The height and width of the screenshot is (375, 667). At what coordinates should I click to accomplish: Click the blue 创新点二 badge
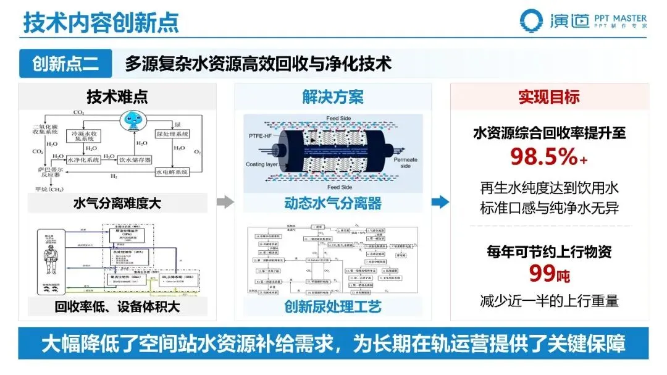click(x=65, y=64)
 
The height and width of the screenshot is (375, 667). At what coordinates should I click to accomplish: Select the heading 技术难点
click(x=117, y=97)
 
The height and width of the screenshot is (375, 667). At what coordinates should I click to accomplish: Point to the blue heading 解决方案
click(x=332, y=97)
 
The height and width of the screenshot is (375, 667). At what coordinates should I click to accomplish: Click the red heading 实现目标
click(x=548, y=97)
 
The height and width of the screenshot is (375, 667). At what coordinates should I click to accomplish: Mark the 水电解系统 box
click(x=171, y=172)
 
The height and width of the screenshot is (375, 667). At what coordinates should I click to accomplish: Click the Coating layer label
click(x=262, y=164)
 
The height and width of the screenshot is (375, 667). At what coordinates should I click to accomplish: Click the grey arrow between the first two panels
click(x=225, y=201)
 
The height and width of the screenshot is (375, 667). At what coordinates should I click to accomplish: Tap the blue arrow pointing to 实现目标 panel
click(x=440, y=201)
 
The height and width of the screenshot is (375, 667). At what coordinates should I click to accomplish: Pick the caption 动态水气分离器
click(x=332, y=203)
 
